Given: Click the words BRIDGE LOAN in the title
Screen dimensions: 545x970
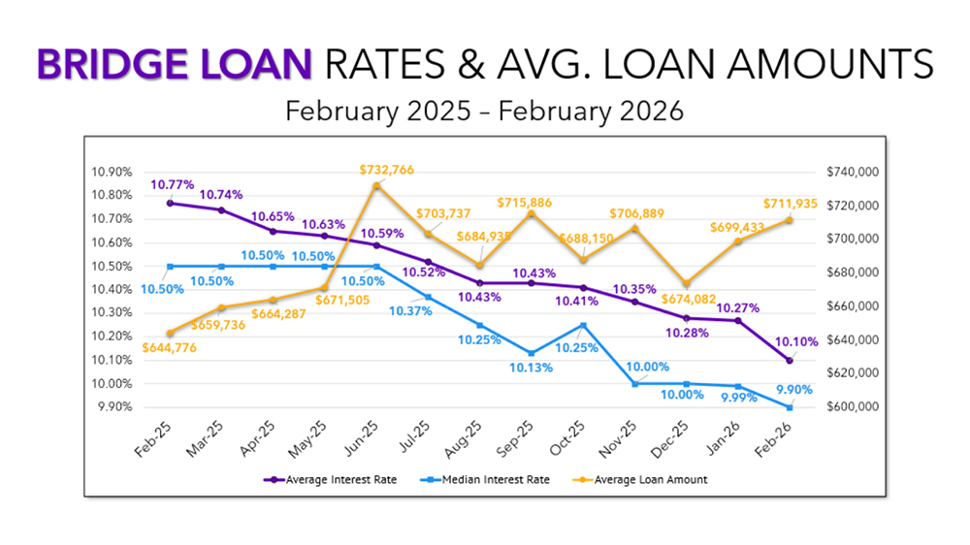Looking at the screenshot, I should pos(176,65).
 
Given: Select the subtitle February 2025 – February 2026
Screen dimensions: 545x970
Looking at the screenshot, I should pos(484,112).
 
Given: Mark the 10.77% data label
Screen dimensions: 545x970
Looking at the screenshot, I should pos(172,184).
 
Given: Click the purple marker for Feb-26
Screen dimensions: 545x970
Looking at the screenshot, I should pos(790,361).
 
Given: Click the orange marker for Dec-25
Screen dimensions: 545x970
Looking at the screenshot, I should pos(687,284).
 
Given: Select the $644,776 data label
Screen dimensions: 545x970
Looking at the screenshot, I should pos(172,348).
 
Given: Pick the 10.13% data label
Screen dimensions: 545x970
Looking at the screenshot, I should pos(528,369).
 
